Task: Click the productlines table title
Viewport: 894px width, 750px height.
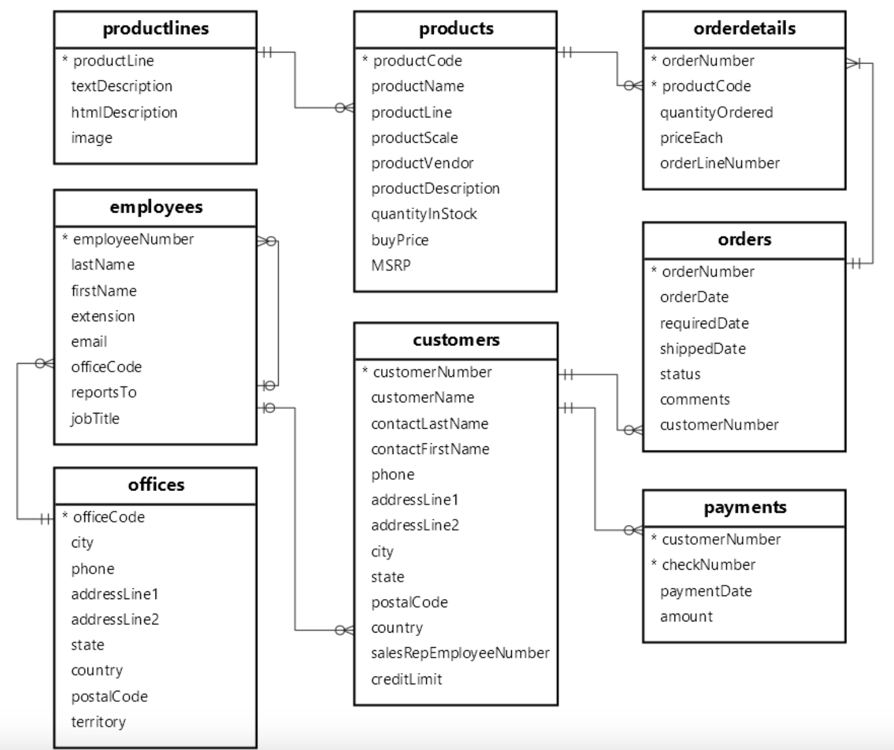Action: click(x=156, y=29)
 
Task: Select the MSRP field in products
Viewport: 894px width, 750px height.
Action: click(x=390, y=265)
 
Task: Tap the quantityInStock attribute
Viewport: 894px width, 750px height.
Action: click(x=423, y=214)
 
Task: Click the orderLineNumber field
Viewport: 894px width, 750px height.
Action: click(x=719, y=163)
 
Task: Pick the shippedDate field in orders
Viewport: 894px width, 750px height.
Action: click(x=702, y=349)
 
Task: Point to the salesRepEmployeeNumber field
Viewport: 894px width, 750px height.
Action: click(x=460, y=653)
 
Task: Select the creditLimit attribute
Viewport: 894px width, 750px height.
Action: click(x=406, y=680)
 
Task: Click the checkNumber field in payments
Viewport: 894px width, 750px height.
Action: click(x=708, y=565)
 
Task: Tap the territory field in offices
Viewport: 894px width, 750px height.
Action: click(x=98, y=722)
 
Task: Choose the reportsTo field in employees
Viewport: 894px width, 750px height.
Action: click(x=103, y=392)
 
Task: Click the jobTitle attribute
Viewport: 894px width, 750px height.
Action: click(x=95, y=419)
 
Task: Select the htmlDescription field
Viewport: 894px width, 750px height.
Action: click(x=124, y=112)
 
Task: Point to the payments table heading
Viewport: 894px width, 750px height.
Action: click(x=744, y=507)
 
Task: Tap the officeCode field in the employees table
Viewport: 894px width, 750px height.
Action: click(x=106, y=367)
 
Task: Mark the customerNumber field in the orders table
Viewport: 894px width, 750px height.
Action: click(x=718, y=425)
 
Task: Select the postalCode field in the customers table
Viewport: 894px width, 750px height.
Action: click(x=409, y=603)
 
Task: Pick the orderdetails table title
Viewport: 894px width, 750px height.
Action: click(x=744, y=29)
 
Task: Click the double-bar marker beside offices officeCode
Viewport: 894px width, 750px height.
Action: click(x=45, y=519)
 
